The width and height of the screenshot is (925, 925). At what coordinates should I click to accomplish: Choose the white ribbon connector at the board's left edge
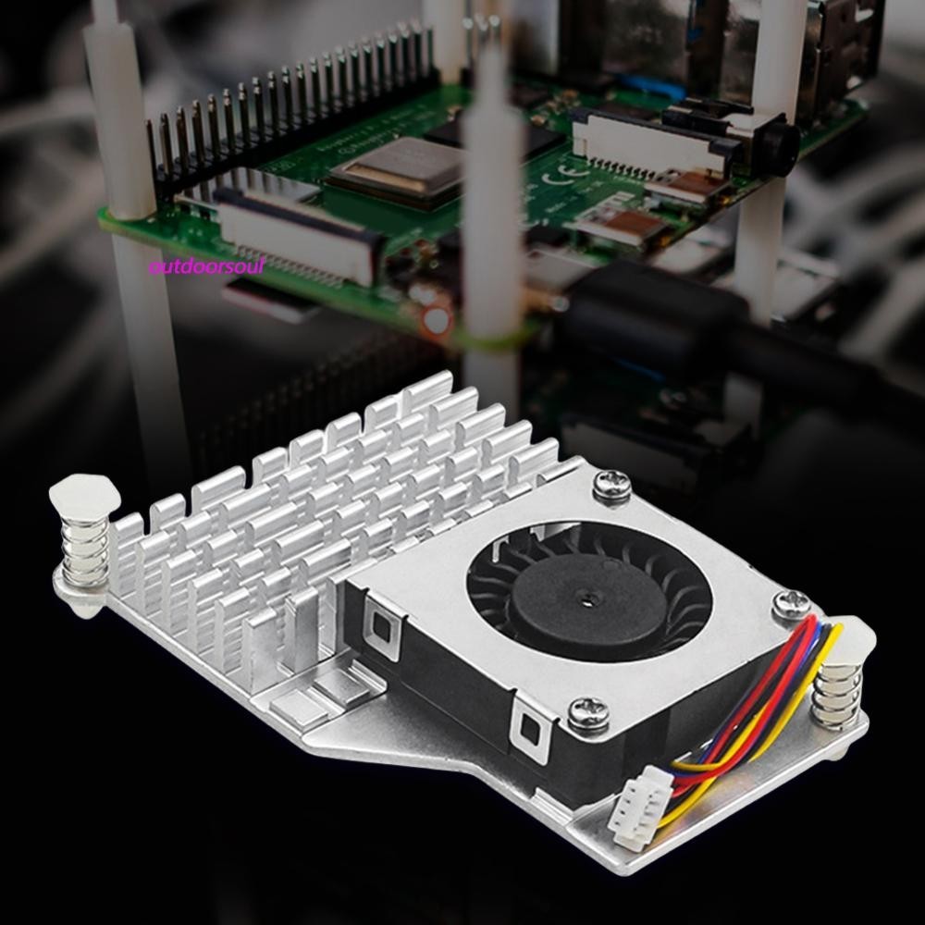click(296, 232)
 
